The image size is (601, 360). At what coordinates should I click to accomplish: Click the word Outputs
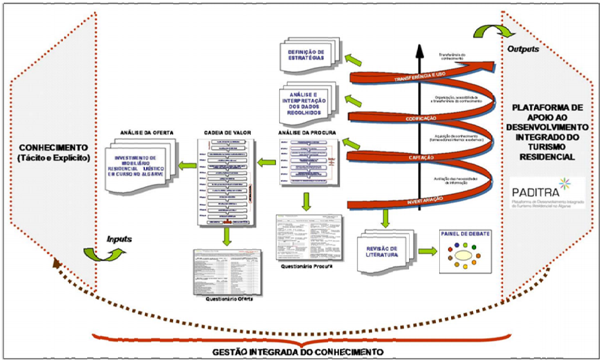click(523, 48)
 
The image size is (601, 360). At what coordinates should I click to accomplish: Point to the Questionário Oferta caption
click(227, 298)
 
